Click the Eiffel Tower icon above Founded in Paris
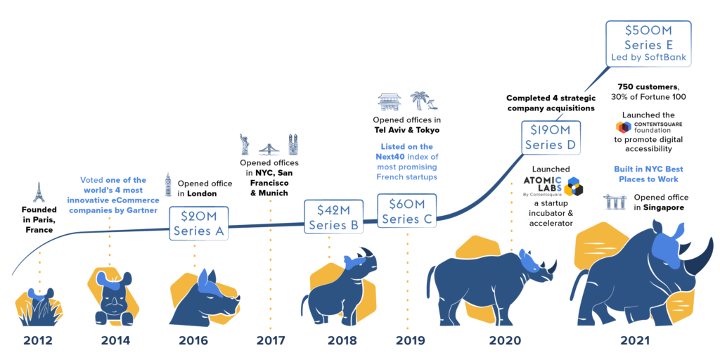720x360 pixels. (x=39, y=192)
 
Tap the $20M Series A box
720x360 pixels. (x=198, y=224)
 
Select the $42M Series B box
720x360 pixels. (x=333, y=217)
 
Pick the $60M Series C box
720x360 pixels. (x=407, y=210)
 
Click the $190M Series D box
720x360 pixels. (x=551, y=137)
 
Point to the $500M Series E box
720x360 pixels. (x=648, y=44)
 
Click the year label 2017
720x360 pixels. (x=271, y=341)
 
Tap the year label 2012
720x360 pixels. (x=38, y=341)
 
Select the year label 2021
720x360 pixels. (x=636, y=341)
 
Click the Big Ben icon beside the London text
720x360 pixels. (x=167, y=185)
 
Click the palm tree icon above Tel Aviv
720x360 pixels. (x=420, y=101)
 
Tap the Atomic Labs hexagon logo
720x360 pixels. (x=574, y=186)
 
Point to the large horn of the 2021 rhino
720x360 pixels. (x=697, y=255)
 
